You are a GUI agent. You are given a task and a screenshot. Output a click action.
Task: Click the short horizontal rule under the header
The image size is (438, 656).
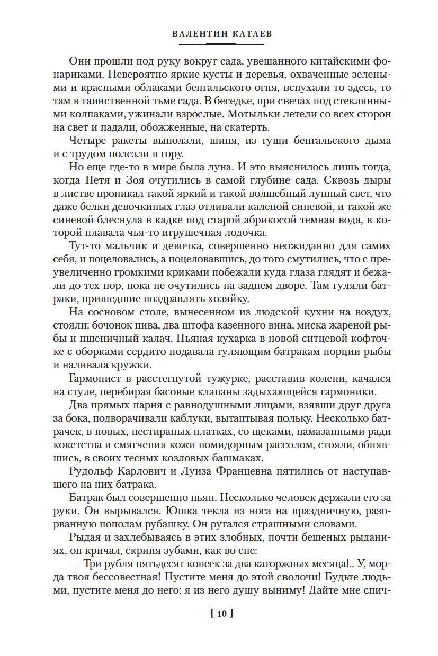(219, 44)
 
